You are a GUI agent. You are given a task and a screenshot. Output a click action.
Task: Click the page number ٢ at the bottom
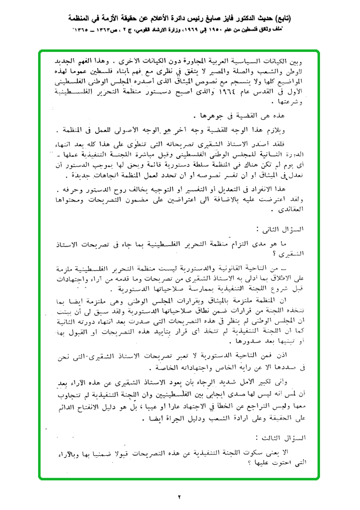pos(180,497)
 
